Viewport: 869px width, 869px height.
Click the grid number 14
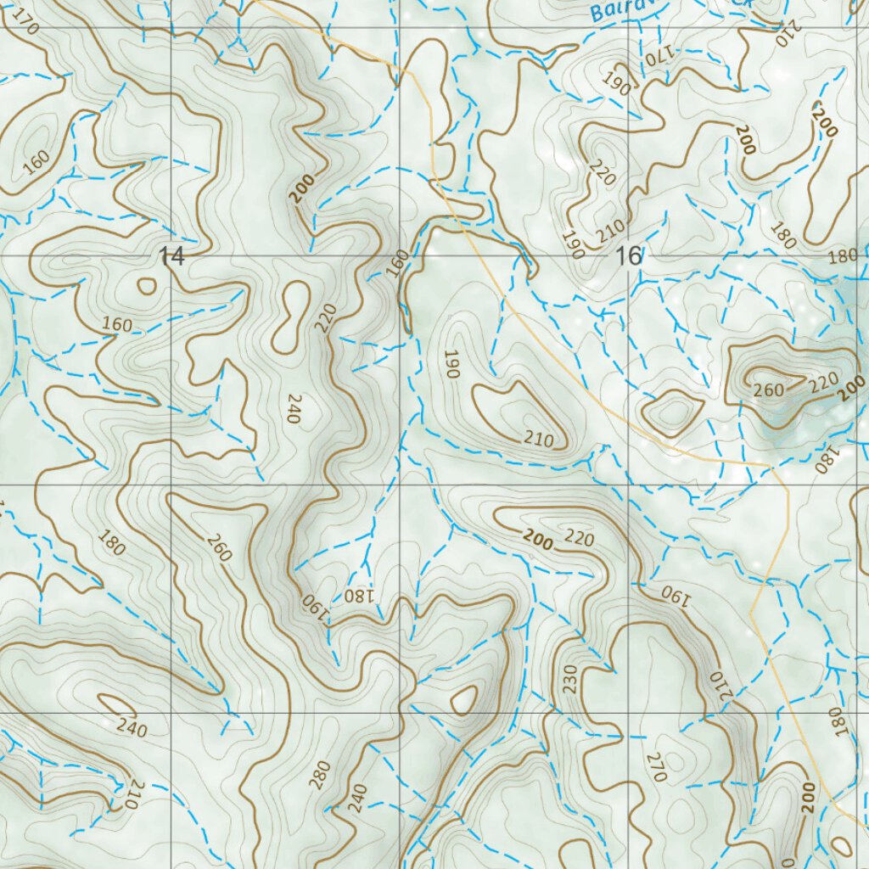point(171,256)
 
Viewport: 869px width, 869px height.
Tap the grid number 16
point(631,255)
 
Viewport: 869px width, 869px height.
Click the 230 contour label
point(569,679)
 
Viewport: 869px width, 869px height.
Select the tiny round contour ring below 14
point(147,286)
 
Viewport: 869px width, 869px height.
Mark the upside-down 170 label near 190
point(656,57)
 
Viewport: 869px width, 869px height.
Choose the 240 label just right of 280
point(357,797)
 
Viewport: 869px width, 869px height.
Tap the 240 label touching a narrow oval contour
point(132,727)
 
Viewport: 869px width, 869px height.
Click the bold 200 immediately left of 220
point(538,540)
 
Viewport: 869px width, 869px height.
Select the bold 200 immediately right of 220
point(849,389)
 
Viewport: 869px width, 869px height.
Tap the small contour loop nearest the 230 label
point(464,701)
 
